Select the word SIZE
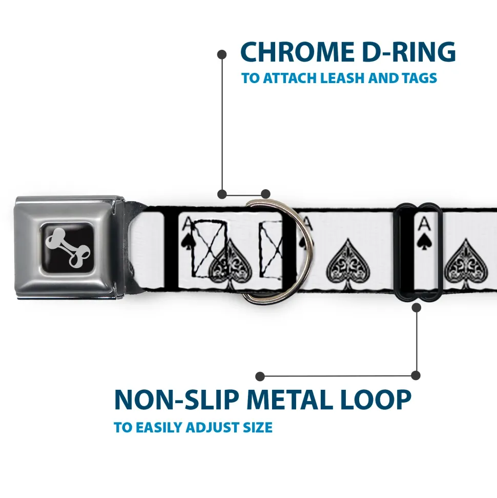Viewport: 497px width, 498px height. [x=257, y=427]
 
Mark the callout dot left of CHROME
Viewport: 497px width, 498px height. [x=222, y=53]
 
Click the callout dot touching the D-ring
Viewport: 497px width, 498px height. [x=265, y=194]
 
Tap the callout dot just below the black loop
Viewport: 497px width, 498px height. [x=416, y=307]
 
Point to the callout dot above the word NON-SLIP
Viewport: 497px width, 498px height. [x=260, y=376]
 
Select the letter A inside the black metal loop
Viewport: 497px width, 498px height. [x=423, y=224]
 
